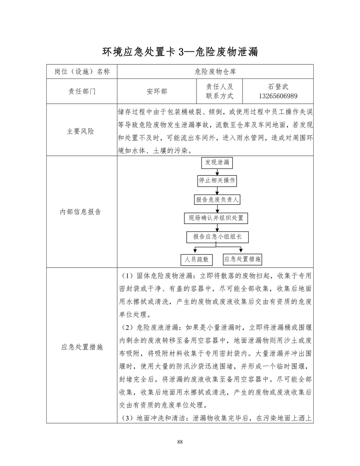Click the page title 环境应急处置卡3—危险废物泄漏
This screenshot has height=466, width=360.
180,52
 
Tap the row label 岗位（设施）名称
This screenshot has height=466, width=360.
82,72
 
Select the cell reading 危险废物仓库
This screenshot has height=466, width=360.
215,72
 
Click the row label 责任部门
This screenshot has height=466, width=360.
82,91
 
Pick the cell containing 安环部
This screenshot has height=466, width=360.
157,91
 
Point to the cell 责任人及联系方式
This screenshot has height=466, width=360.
219,91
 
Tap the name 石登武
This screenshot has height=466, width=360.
278,87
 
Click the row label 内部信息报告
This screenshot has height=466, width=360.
81,212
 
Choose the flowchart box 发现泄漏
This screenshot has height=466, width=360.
217,162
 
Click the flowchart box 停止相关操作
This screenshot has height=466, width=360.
217,180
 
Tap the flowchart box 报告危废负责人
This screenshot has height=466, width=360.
217,200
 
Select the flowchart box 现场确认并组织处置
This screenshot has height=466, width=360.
216,218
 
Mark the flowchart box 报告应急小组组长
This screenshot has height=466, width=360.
217,237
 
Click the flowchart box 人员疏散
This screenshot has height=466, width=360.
197,260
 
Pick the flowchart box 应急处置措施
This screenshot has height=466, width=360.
243,260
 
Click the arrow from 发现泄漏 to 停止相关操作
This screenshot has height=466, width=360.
217,172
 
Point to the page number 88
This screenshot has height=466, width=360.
180,442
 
